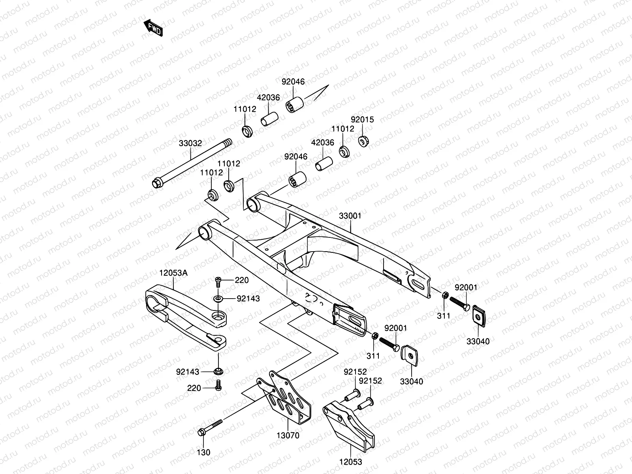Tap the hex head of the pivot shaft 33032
point(157,184)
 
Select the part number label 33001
point(350,216)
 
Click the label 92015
point(362,120)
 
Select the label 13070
point(288,436)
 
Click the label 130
point(203,452)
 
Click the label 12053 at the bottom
point(350,461)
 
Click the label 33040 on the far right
point(478,341)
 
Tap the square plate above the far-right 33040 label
point(480,315)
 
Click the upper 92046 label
point(293,82)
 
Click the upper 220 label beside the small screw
point(242,280)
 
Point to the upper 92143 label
point(248,299)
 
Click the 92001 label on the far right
point(466,288)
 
